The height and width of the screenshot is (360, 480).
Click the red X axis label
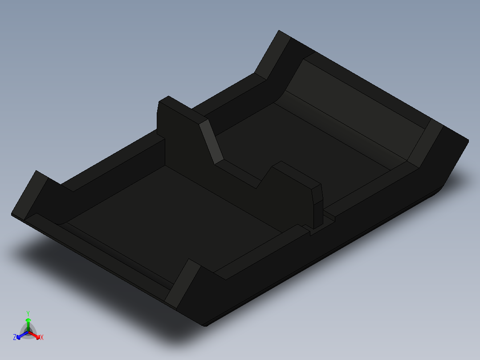click(x=42, y=338)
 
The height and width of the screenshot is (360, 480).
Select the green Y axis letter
click(x=28, y=313)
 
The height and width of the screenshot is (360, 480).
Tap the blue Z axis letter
click(x=15, y=338)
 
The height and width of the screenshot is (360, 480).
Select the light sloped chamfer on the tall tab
click(x=212, y=142)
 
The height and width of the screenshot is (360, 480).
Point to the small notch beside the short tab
click(x=331, y=218)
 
